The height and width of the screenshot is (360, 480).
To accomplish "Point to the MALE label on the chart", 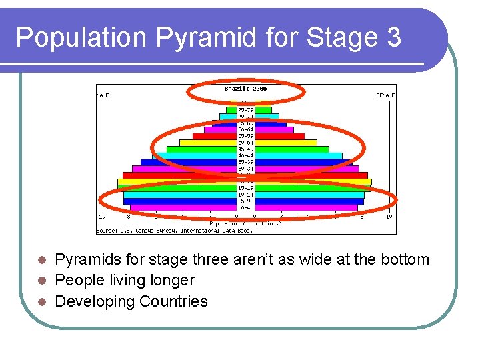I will tap(103, 95).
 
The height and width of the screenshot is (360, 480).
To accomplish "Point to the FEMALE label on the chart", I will tap(385, 95).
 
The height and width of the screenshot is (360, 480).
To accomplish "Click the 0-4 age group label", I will tap(245, 207).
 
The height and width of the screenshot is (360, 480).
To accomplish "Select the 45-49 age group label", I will tap(245, 149).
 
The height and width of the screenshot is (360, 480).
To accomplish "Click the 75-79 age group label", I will tap(245, 110).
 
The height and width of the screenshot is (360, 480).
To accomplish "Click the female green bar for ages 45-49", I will tap(291, 149).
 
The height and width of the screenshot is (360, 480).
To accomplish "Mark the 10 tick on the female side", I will tap(389, 217).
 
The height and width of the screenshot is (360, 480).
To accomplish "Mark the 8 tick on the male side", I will tap(129, 217).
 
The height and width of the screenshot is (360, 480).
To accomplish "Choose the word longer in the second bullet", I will tap(172, 281).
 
